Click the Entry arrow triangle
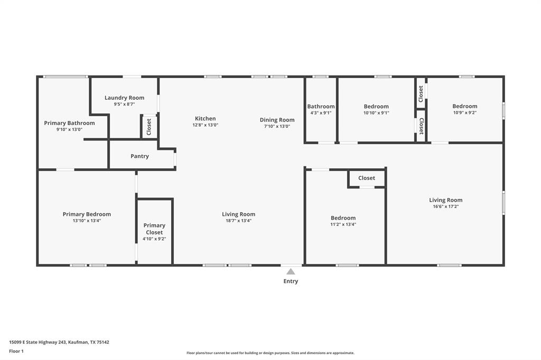tap(291, 272)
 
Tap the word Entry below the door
tap(291, 281)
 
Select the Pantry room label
tap(139, 156)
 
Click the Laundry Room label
tap(124, 98)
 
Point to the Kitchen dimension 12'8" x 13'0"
tap(206, 126)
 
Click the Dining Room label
tap(277, 120)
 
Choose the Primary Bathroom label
tap(69, 123)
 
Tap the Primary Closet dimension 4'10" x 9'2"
tap(154, 239)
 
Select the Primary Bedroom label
tap(87, 214)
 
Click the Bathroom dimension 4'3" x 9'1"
tap(321, 113)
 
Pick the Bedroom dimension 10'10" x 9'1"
tap(376, 113)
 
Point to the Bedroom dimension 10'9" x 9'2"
tap(464, 113)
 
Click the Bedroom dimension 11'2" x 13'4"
tap(343, 224)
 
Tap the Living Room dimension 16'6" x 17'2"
tap(445, 206)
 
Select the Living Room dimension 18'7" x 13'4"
tap(238, 221)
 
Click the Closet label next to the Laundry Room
tap(149, 127)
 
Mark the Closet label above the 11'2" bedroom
tap(366, 178)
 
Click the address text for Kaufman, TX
tap(59, 342)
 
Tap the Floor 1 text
tap(16, 351)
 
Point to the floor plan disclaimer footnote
tap(270, 353)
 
